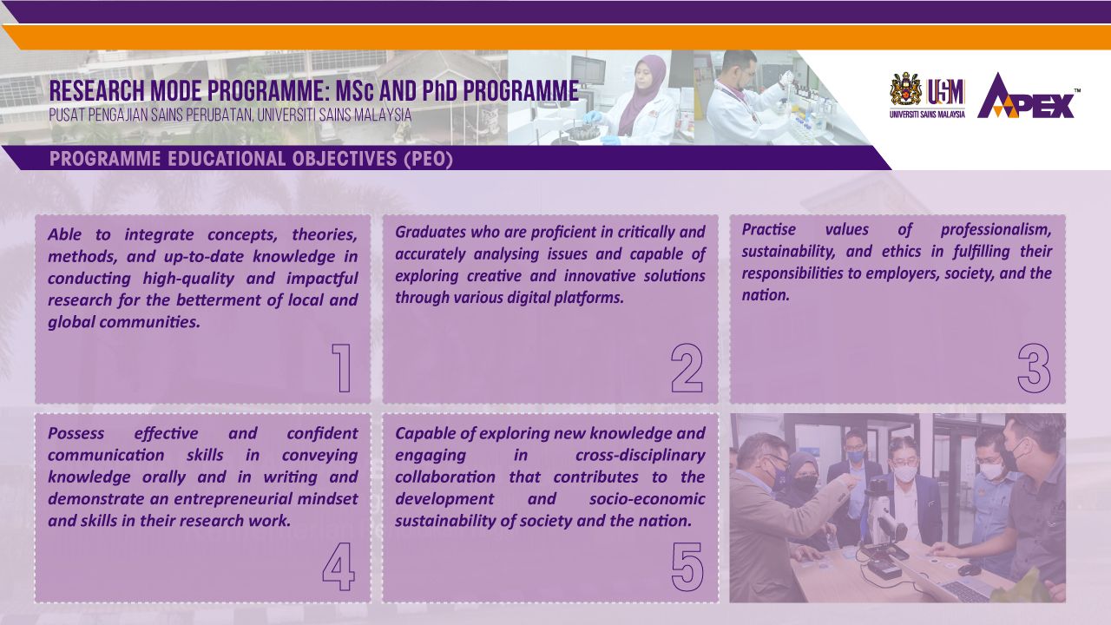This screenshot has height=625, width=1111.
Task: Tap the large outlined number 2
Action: tap(687, 368)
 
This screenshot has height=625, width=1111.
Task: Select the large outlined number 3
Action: tap(1034, 368)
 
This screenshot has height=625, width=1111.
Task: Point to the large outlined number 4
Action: tap(339, 567)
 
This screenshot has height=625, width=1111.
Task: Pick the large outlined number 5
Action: tap(687, 567)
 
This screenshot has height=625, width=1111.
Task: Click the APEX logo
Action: tap(1028, 96)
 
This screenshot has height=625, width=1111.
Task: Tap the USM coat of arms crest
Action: tap(905, 89)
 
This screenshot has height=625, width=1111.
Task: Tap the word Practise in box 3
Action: tap(768, 230)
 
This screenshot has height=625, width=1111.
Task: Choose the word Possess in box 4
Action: tap(76, 433)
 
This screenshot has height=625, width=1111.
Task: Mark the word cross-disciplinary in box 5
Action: tap(640, 456)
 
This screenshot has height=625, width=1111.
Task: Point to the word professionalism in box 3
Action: tap(996, 230)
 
